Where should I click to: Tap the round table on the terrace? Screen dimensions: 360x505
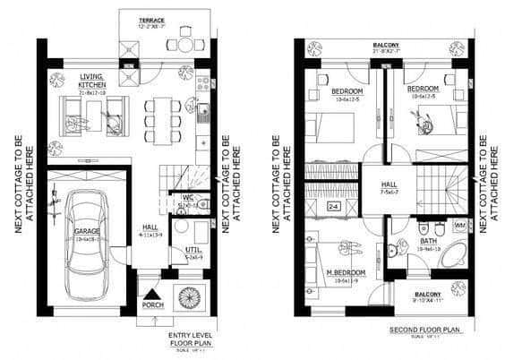point(184,43)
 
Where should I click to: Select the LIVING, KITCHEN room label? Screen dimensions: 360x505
point(93,81)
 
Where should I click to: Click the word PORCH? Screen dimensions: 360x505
point(154,306)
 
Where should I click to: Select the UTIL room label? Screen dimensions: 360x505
point(193,251)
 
